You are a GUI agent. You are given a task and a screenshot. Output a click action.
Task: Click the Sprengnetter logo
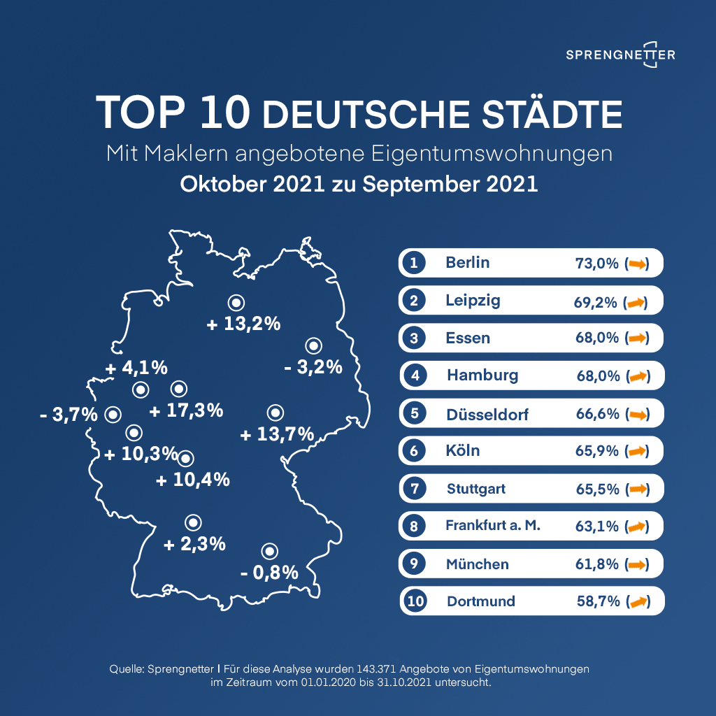point(620,55)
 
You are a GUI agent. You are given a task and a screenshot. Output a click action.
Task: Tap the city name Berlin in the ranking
point(467,263)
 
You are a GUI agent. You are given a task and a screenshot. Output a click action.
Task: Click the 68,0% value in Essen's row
point(596,338)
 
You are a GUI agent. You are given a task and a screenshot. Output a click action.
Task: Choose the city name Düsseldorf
point(487,414)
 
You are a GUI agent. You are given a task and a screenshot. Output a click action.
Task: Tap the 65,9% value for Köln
point(596,451)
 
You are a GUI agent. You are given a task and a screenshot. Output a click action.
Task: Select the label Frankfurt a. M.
point(493,525)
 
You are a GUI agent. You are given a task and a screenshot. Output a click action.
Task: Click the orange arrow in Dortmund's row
point(637,601)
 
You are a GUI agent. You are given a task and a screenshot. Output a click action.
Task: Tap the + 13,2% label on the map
point(244,324)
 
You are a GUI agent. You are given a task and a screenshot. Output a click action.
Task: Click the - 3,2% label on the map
point(313,366)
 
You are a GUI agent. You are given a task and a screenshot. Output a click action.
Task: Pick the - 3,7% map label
point(69,415)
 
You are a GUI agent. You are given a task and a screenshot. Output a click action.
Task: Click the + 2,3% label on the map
point(194,543)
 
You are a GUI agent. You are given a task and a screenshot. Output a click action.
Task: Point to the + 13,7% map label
point(277,435)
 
